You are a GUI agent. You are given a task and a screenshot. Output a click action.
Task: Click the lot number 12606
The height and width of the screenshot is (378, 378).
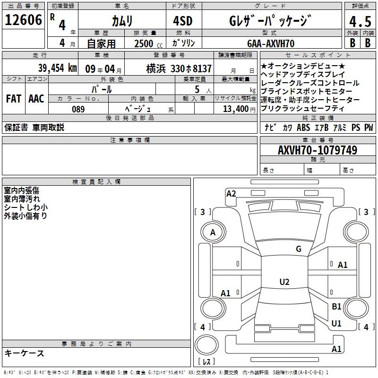[x=23, y=20]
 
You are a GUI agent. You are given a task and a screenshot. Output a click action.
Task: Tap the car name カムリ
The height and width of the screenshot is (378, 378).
[x=122, y=21]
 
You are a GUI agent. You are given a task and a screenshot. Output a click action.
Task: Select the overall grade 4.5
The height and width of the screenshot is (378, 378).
[x=360, y=22]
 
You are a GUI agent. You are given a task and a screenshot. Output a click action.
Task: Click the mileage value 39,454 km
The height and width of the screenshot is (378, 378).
[x=57, y=68]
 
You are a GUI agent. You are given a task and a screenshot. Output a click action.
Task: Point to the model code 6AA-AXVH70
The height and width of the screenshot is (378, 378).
[x=271, y=43]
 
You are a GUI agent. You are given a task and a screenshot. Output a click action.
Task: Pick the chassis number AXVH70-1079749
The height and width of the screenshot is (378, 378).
[x=318, y=150]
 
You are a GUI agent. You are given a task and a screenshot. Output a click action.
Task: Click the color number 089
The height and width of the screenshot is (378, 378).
[x=78, y=109]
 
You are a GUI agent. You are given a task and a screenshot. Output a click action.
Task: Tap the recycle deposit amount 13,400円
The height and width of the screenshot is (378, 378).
[x=239, y=109]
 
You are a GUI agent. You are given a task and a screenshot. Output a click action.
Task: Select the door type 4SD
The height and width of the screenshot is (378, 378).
[x=183, y=21]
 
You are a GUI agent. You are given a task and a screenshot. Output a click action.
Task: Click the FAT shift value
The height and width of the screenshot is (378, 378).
[x=14, y=99]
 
